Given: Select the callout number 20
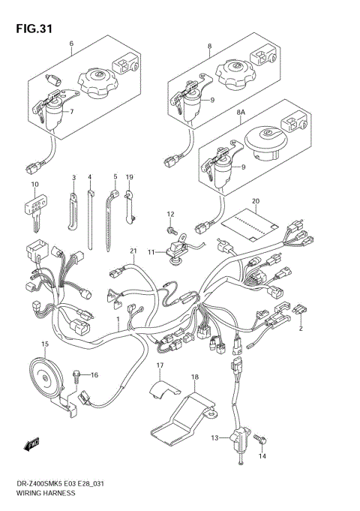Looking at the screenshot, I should click(x=256, y=201).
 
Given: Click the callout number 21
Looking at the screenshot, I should click(x=133, y=251).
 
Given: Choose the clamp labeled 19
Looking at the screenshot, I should click(x=129, y=206).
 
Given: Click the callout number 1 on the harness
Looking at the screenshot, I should click(x=118, y=319).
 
